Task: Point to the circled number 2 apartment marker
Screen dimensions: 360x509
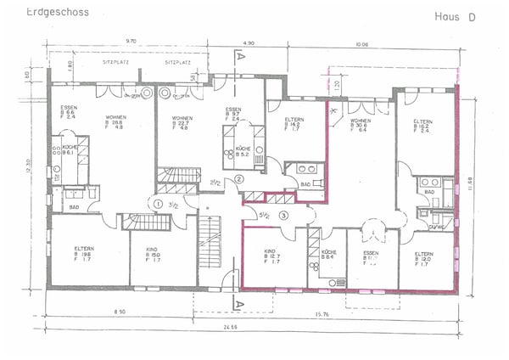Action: (x=239, y=179)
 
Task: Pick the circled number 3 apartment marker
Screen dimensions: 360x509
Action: (x=284, y=215)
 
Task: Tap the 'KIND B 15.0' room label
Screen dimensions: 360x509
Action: (x=153, y=253)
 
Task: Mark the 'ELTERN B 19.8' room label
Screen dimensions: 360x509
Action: (x=87, y=253)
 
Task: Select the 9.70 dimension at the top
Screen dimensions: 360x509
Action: (x=131, y=41)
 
